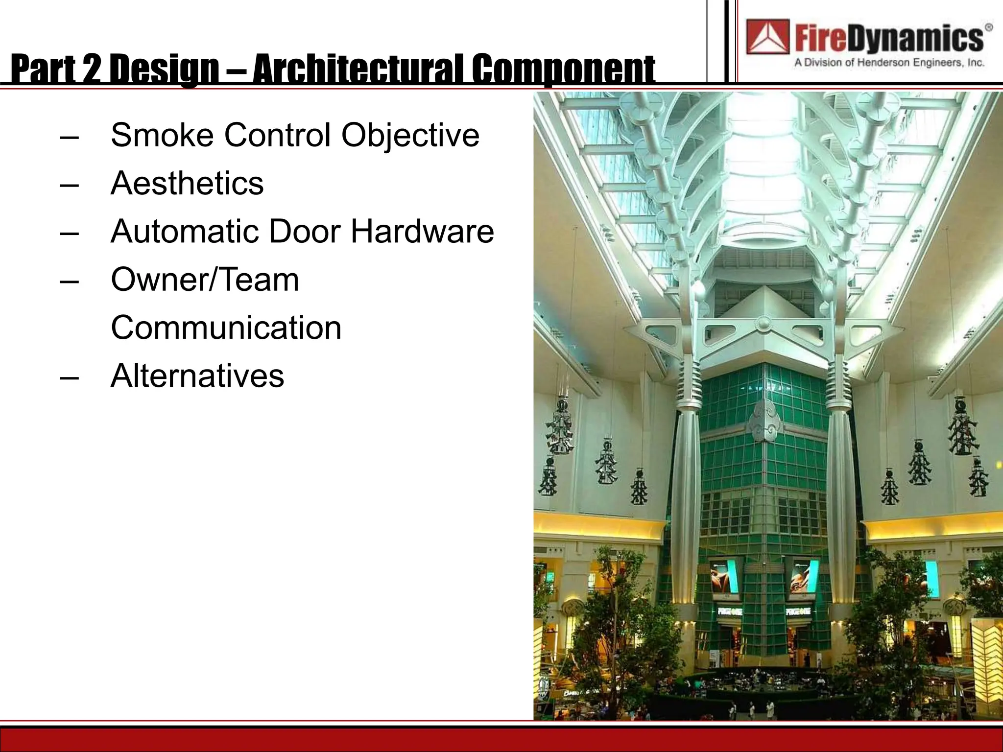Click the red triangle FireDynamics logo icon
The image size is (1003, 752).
pos(767,37)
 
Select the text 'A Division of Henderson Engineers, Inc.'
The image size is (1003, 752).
pos(889,63)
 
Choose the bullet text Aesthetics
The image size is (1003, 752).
pos(187,183)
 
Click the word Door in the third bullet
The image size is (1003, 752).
pos(304,231)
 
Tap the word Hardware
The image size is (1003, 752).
pos(422,231)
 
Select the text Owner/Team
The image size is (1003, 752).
pos(205,280)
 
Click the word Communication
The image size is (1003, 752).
pos(226,328)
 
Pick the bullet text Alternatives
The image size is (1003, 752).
pos(197,376)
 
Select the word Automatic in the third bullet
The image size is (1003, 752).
pos(185,231)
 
